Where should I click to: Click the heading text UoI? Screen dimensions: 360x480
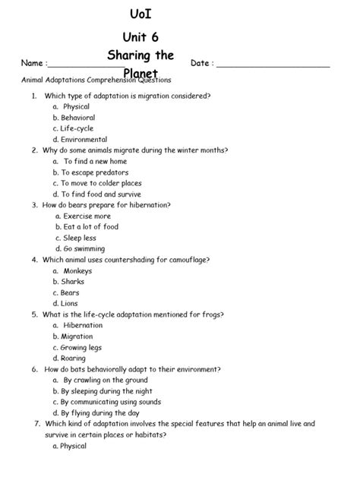[138, 14]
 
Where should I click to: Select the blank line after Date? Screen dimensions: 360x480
[274, 67]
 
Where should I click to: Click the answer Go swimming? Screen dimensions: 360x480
[84, 248]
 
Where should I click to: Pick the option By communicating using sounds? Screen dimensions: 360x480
[111, 402]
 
